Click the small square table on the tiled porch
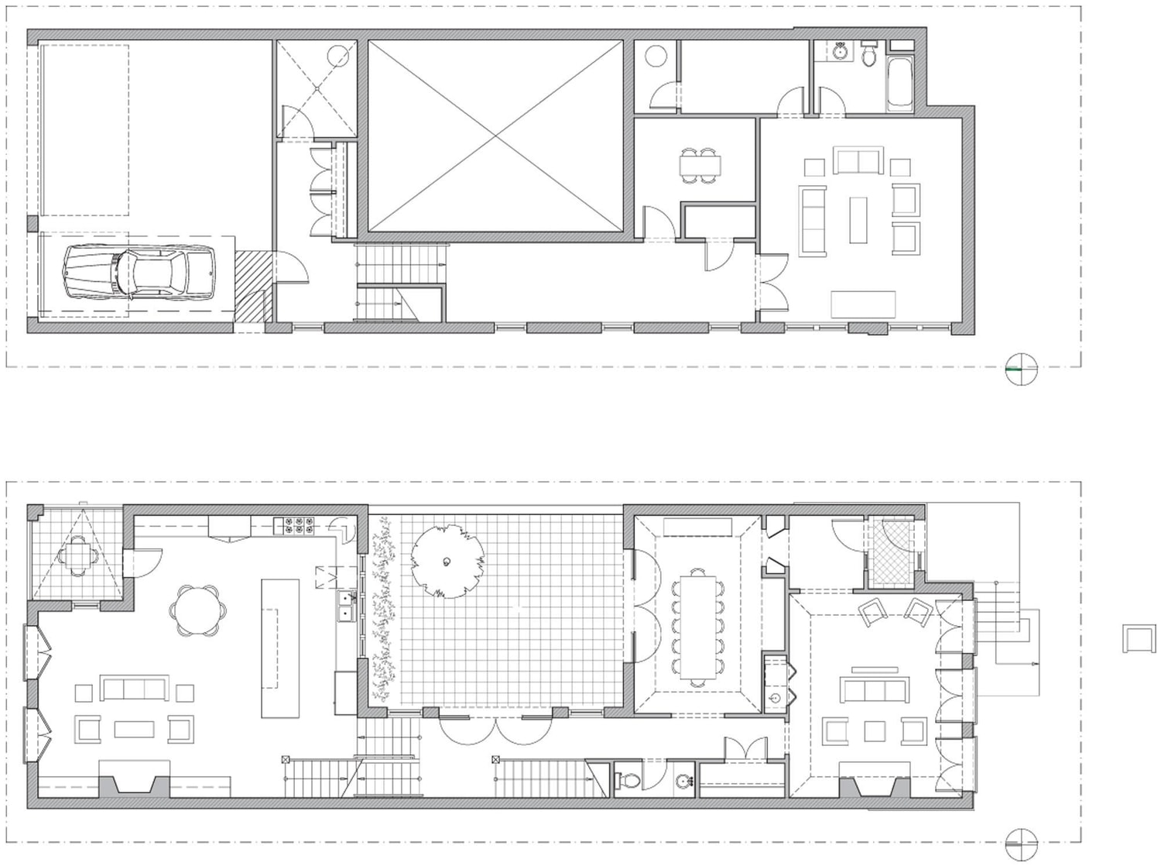click(x=77, y=555)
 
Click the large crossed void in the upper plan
click(x=495, y=136)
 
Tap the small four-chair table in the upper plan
click(x=700, y=165)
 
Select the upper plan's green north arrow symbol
click(x=1020, y=369)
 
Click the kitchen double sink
click(x=346, y=607)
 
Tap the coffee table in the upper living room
click(x=858, y=220)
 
